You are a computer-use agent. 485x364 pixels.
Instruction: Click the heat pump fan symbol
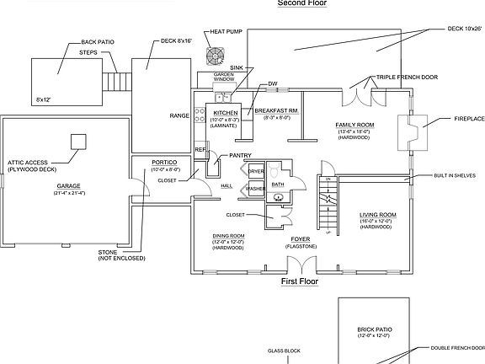(217, 56)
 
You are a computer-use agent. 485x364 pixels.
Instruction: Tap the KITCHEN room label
(225, 113)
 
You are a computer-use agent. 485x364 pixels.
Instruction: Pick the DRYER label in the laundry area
(255, 172)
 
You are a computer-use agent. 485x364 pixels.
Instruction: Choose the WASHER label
(255, 189)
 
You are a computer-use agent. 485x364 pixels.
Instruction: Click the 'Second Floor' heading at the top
(302, 3)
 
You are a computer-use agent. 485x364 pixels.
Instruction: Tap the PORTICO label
(163, 161)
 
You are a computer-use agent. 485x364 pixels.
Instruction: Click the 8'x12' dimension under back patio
(44, 100)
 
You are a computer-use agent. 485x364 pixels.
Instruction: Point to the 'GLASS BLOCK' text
(284, 350)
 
